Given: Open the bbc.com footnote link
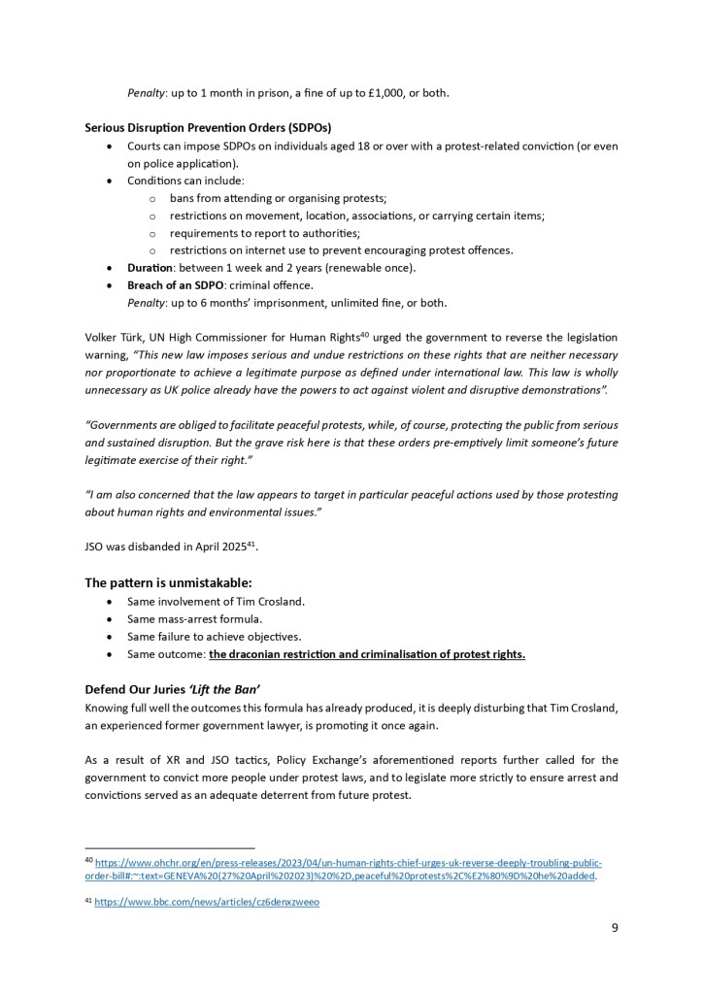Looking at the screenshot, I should tap(207, 903).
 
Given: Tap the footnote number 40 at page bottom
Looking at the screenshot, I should tap(88, 862).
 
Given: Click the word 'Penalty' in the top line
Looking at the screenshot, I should tap(148, 93).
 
